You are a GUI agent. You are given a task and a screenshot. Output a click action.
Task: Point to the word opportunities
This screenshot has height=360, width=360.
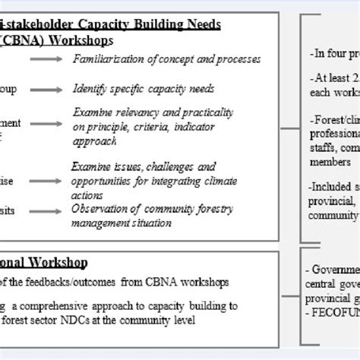click(105, 182)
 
